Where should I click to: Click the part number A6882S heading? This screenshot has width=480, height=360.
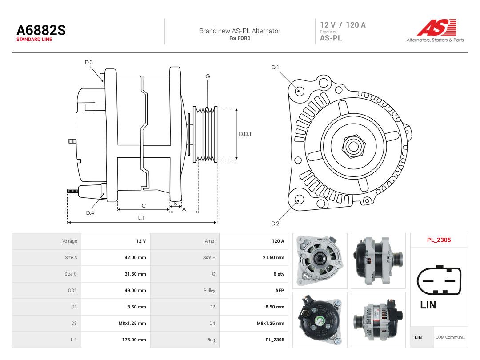tap(41, 30)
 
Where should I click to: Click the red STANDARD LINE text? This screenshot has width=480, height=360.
tap(34, 40)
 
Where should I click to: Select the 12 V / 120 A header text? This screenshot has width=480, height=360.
tap(343, 25)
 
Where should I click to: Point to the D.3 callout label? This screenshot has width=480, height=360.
tap(89, 63)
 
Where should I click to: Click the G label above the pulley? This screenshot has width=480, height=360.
tap(208, 76)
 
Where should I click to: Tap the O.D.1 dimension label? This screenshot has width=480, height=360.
tap(245, 134)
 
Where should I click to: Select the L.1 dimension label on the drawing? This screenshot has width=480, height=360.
tap(141, 218)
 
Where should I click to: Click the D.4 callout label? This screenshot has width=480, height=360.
tap(90, 213)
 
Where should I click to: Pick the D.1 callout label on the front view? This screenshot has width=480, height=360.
tap(275, 68)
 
